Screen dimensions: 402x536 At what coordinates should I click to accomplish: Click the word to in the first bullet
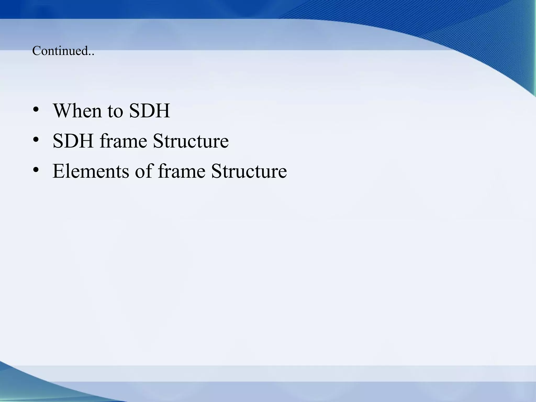(x=115, y=111)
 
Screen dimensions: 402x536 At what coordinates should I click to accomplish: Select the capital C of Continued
(x=36, y=51)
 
